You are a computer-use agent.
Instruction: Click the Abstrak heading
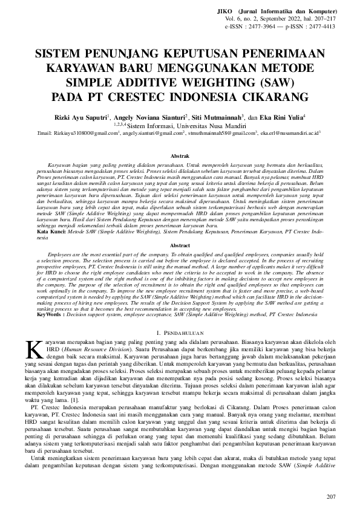coord(180,156)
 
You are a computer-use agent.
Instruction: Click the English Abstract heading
coord(180,246)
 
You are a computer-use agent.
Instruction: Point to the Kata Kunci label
coord(35,232)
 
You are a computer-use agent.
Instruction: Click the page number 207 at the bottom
coord(330,497)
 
